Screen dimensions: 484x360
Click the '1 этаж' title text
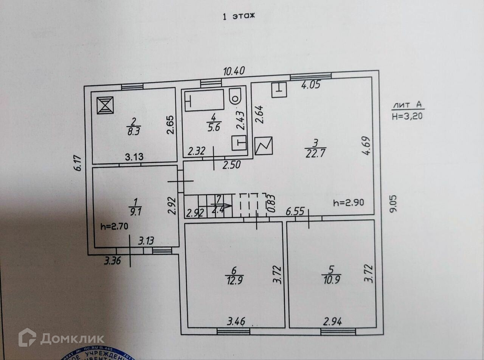coord(239,16)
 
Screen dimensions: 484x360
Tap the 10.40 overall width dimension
coord(234,71)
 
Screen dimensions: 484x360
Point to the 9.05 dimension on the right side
coord(394,204)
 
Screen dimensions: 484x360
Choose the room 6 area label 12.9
coord(234,280)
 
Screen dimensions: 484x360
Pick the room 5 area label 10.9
coord(331,280)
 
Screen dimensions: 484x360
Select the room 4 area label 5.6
coord(214,127)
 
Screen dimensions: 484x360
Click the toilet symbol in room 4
coord(236,97)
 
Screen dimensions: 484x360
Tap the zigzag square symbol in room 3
coord(264,145)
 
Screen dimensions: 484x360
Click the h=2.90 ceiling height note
coord(349,202)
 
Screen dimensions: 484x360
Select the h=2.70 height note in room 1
coord(115,227)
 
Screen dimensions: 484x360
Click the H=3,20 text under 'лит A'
coord(407,116)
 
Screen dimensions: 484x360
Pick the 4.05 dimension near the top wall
coord(310,85)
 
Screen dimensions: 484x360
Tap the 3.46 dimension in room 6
coord(236,321)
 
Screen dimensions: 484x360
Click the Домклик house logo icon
coord(27,337)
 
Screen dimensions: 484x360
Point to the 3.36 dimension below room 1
coord(112,260)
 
